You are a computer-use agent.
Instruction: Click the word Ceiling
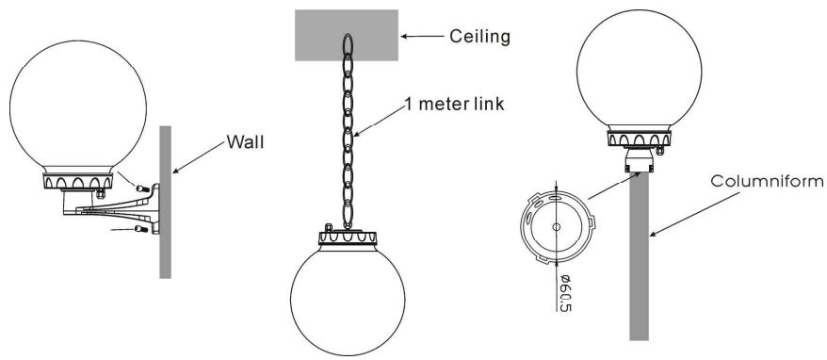480,37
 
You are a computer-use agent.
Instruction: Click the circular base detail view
557,229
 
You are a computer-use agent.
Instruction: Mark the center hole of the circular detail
557,228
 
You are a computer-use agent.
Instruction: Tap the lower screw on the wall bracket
142,229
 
